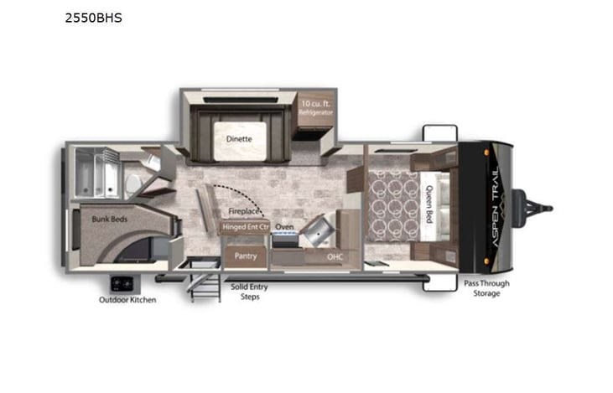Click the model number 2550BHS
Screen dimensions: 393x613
[93, 17]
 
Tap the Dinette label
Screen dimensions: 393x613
[238, 139]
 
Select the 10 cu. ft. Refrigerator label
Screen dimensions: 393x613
[317, 107]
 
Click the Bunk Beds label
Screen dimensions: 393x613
[109, 220]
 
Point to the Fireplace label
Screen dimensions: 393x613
[245, 212]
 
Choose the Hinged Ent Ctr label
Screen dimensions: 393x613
[245, 226]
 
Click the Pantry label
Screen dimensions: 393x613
[246, 256]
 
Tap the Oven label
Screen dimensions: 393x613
[285, 226]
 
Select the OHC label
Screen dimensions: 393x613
[335, 257]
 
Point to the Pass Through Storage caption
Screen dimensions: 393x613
[486, 288]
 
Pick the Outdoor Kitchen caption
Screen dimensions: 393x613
[127, 300]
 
